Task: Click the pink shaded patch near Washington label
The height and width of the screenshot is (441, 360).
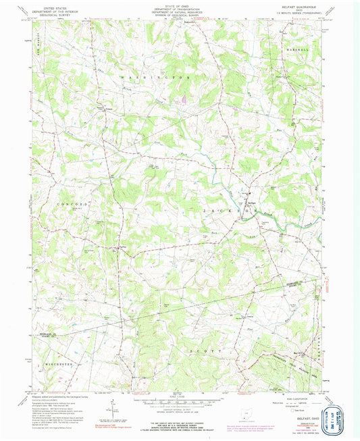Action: click(182, 101)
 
